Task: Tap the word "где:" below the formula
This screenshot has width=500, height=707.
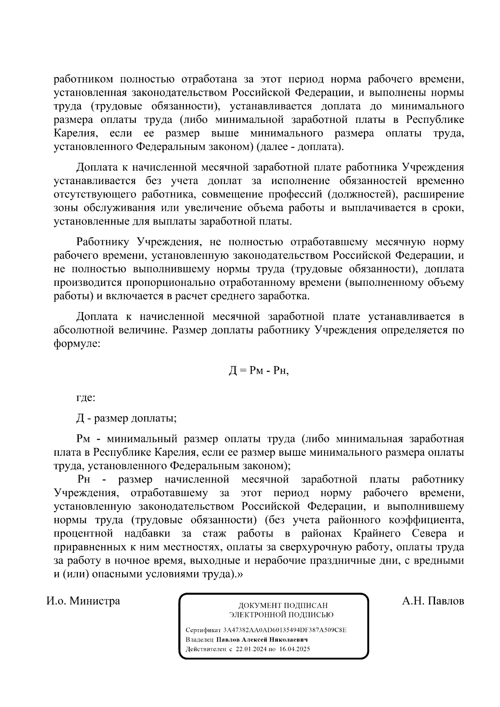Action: (x=86, y=398)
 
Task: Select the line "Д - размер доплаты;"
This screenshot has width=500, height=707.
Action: (x=126, y=418)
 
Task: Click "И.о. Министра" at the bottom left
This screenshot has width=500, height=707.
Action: (x=83, y=601)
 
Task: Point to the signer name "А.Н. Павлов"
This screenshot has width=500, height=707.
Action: (x=433, y=601)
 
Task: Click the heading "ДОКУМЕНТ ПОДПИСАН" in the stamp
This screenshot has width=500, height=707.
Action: (x=282, y=605)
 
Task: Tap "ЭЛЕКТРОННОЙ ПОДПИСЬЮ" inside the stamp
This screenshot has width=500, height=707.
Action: (x=281, y=615)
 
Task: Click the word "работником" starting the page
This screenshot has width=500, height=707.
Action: (x=83, y=79)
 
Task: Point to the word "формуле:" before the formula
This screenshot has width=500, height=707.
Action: (x=77, y=344)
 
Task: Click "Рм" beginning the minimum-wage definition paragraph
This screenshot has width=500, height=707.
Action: (x=83, y=439)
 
